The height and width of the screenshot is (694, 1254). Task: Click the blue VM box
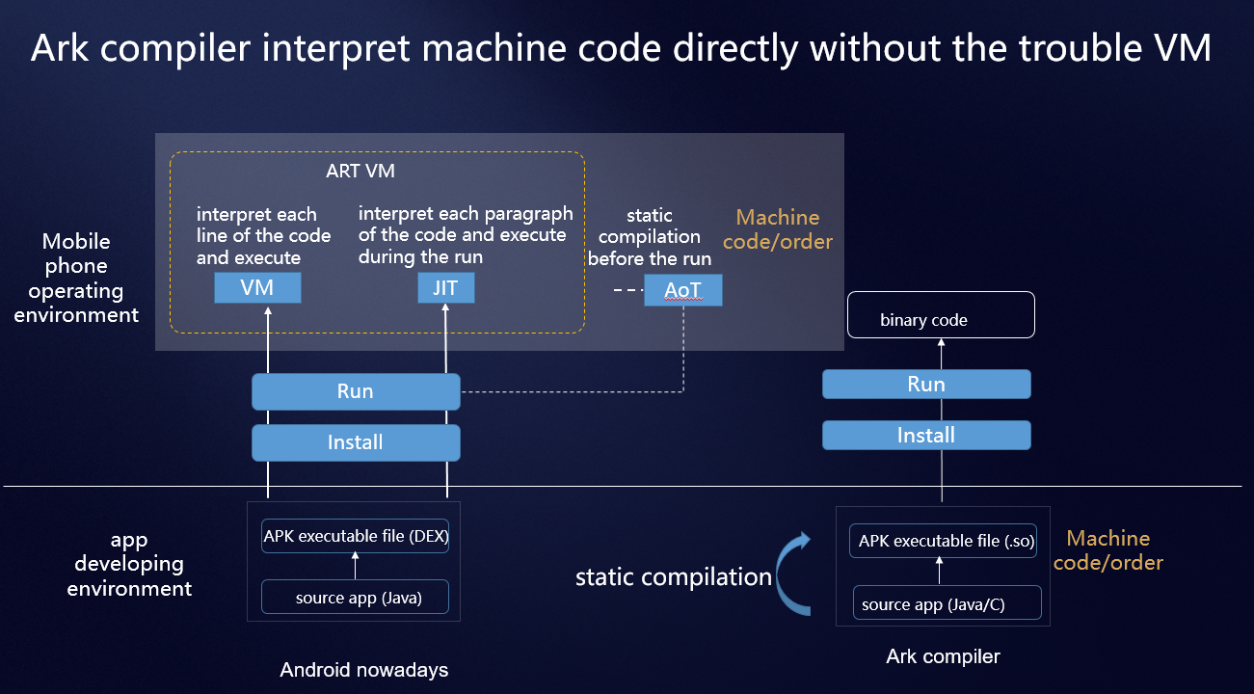[x=257, y=287]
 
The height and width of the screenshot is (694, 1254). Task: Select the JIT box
[x=445, y=287]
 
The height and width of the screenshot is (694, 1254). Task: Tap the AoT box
[x=682, y=290]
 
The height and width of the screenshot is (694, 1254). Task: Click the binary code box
[x=941, y=315]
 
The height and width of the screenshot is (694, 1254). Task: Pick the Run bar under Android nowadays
[x=356, y=392]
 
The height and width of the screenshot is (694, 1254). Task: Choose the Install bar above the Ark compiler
[x=926, y=435]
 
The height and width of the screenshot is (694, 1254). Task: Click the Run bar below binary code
[x=926, y=385]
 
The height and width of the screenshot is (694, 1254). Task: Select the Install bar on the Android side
[x=356, y=442]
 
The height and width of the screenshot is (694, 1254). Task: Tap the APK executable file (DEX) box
[x=356, y=536]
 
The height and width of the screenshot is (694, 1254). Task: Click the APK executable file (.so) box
[x=946, y=541]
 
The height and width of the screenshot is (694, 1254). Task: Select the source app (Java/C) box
[x=947, y=604]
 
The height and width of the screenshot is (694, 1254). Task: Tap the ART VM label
[x=360, y=172]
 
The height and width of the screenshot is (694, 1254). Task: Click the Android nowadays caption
[x=363, y=670]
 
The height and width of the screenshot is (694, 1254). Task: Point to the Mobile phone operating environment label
[x=76, y=278]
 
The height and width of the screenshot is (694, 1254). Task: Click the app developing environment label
[x=129, y=564]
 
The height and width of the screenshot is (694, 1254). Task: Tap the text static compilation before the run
[x=650, y=237]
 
